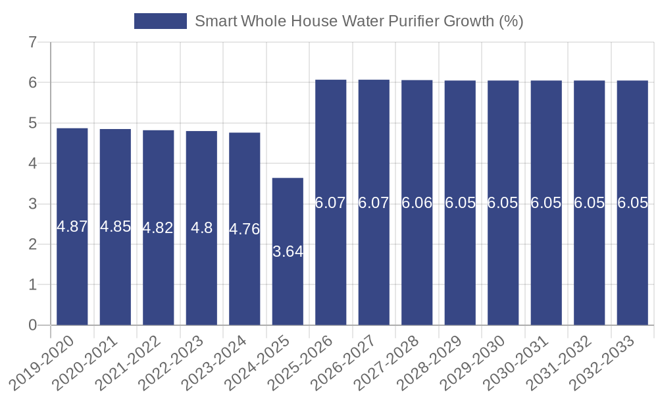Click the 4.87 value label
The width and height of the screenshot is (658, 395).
tap(72, 227)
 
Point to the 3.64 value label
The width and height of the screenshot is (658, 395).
tap(288, 251)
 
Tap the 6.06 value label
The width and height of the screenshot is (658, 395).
tap(417, 203)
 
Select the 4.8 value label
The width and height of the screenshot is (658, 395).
tap(201, 228)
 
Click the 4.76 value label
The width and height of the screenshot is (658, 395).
tap(245, 229)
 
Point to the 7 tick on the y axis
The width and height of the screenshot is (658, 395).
tap(32, 43)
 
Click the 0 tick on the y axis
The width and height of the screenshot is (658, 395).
tap(32, 325)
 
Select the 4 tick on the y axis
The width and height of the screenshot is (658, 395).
tap(32, 164)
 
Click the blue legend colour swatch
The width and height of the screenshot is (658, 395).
tap(160, 21)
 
